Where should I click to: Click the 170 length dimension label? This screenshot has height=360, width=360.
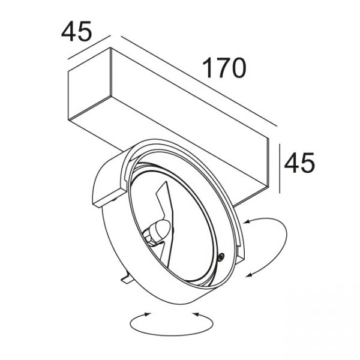[x=224, y=68]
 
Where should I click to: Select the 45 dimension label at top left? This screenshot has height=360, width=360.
[x=76, y=31]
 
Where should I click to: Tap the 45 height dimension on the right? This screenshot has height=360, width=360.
[x=299, y=163]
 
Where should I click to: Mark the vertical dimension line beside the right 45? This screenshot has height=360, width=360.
[x=280, y=169]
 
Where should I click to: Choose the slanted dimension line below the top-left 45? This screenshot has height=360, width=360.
[x=89, y=47]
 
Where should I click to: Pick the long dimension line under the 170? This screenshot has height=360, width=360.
[x=199, y=81]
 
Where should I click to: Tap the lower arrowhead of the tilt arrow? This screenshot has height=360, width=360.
[x=248, y=275]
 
